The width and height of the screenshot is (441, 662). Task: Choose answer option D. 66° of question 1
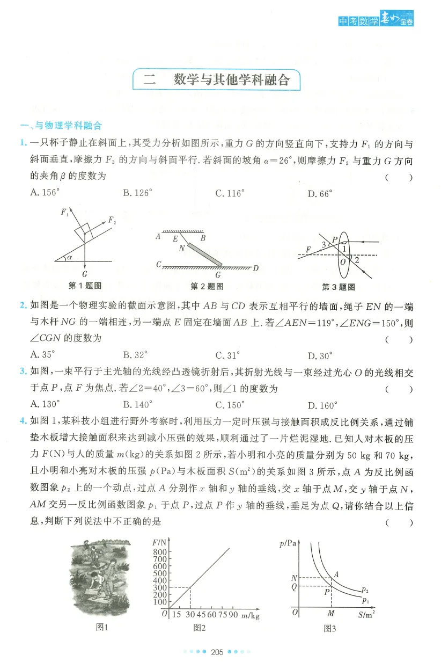(320, 194)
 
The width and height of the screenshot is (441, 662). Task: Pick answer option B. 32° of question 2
(135, 355)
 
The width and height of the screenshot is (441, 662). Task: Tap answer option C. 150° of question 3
(230, 405)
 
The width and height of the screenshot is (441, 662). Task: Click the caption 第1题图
(85, 286)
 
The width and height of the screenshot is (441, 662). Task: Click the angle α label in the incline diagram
(69, 257)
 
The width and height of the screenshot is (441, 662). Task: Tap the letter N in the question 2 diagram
(182, 248)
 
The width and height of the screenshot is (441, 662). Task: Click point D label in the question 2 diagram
(256, 268)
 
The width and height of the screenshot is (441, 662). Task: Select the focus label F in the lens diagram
(308, 250)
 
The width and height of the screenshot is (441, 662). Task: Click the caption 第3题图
(339, 287)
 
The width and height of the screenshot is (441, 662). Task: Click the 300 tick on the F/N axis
(160, 587)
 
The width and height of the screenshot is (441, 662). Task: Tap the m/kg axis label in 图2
(250, 616)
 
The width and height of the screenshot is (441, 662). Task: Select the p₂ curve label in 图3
(365, 590)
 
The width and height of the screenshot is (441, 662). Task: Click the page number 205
(217, 652)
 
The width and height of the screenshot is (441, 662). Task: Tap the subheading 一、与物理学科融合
(61, 126)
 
